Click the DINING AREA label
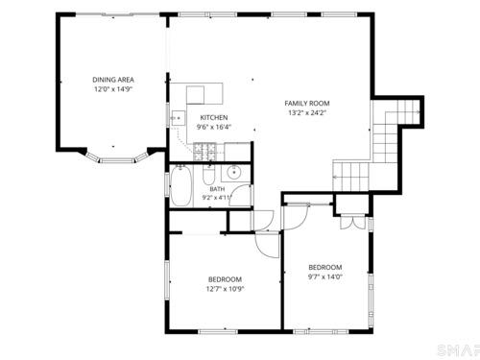click(x=113, y=80)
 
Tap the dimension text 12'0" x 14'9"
click(x=113, y=89)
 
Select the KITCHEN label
click(x=214, y=117)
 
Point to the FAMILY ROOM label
click(x=307, y=103)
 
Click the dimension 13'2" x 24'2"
click(x=307, y=112)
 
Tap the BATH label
click(x=217, y=189)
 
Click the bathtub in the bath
click(x=180, y=185)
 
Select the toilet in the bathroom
click(x=209, y=175)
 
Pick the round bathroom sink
click(x=235, y=173)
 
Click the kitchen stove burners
click(x=204, y=152)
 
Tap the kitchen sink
click(x=178, y=118)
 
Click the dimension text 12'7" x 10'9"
click(x=225, y=289)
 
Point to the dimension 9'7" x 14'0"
click(x=325, y=276)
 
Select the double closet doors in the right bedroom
click(x=352, y=223)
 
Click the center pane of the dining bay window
click(x=116, y=160)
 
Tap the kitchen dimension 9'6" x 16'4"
click(x=214, y=127)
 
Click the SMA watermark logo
click(x=458, y=350)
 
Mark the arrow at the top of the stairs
click(x=418, y=112)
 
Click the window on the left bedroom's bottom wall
click(x=218, y=331)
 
